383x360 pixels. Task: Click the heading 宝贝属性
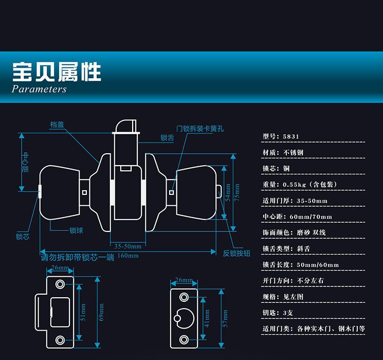point(57,72)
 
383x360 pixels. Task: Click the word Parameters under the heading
point(39,89)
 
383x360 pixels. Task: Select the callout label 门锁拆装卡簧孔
point(200,129)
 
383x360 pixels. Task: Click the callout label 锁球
point(77,230)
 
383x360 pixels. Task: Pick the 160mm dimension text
point(128,256)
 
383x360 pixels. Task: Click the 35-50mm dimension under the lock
point(125,245)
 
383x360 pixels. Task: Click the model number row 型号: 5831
point(281,137)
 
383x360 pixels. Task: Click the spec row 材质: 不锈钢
point(283,153)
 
